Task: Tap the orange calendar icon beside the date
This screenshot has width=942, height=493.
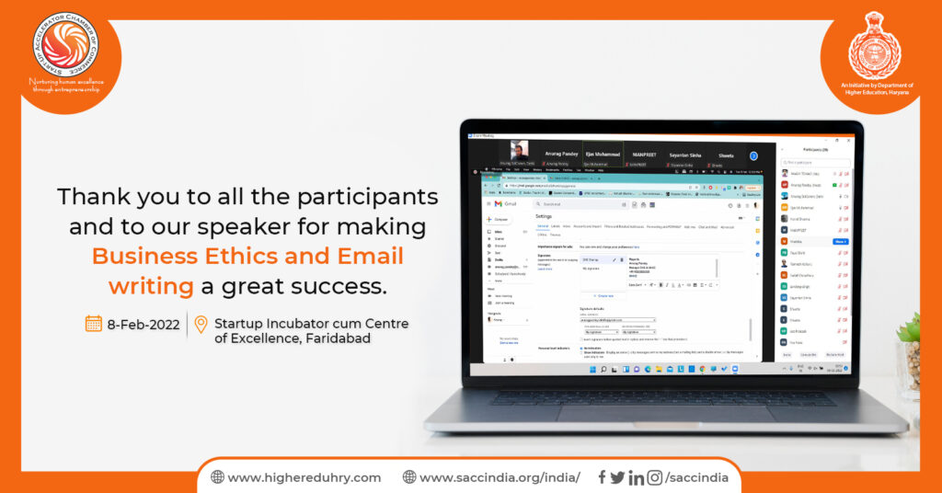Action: pyautogui.click(x=93, y=323)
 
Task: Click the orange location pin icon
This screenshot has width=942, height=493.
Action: pyautogui.click(x=201, y=325)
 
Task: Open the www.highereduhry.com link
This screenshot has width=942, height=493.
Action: pyautogui.click(x=304, y=477)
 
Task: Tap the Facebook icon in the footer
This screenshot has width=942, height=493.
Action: pyautogui.click(x=602, y=476)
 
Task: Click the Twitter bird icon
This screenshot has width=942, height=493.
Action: pyautogui.click(x=617, y=476)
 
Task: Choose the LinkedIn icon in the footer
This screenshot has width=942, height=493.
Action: pyautogui.click(x=636, y=476)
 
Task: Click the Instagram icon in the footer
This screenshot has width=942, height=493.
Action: pyautogui.click(x=654, y=476)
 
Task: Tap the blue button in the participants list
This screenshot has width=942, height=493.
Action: pyautogui.click(x=840, y=241)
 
